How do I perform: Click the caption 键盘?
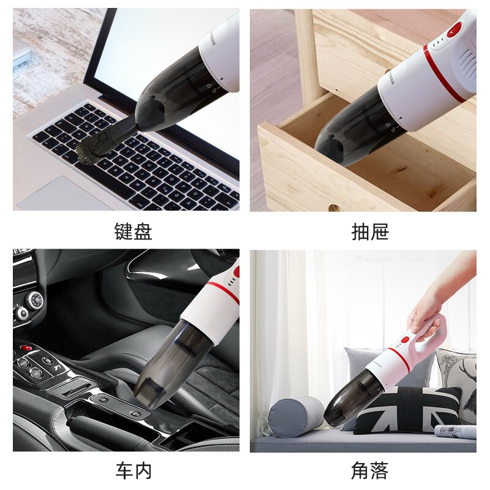133,232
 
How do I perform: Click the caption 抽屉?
370,232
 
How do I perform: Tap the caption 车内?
133,471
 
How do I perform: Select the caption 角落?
370,471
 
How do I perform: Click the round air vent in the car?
34,300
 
